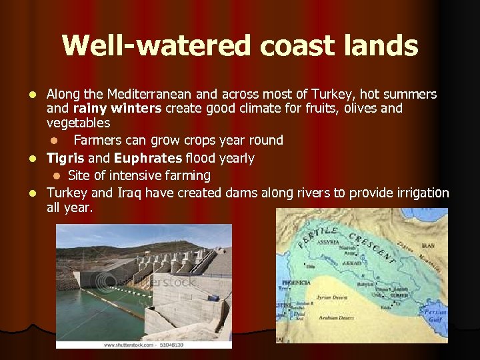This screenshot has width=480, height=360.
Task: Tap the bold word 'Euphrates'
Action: pyautogui.click(x=148, y=158)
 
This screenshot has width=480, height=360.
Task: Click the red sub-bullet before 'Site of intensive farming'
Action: pyautogui.click(x=57, y=176)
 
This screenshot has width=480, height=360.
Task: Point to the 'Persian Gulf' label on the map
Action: pyautogui.click(x=435, y=315)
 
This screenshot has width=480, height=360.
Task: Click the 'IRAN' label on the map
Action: pyautogui.click(x=427, y=246)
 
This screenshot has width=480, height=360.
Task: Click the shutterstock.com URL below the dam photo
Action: pyautogui.click(x=144, y=345)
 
